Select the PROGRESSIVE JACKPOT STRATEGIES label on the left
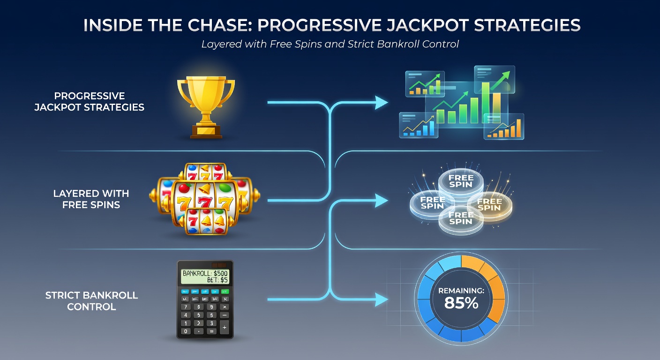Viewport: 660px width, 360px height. [x=89, y=102]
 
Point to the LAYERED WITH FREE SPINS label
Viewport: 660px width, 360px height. [x=91, y=199]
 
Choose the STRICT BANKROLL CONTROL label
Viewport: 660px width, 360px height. [x=91, y=301]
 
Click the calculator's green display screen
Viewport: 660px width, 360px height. [x=205, y=277]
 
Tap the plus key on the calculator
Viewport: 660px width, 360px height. [x=225, y=327]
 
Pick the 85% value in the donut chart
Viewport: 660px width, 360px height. [x=461, y=303]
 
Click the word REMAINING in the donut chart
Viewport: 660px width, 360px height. [x=461, y=291]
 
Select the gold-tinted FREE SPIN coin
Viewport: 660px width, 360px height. [x=489, y=204]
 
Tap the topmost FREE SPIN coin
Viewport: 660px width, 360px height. [x=461, y=181]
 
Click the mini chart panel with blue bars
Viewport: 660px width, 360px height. [x=419, y=125]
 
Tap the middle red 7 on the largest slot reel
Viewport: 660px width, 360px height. [x=203, y=202]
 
